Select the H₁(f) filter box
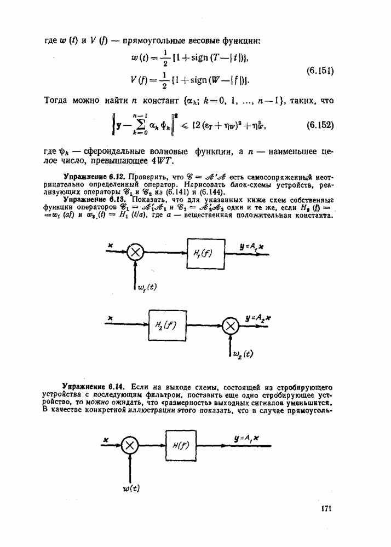206,254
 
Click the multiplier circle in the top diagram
135,253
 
